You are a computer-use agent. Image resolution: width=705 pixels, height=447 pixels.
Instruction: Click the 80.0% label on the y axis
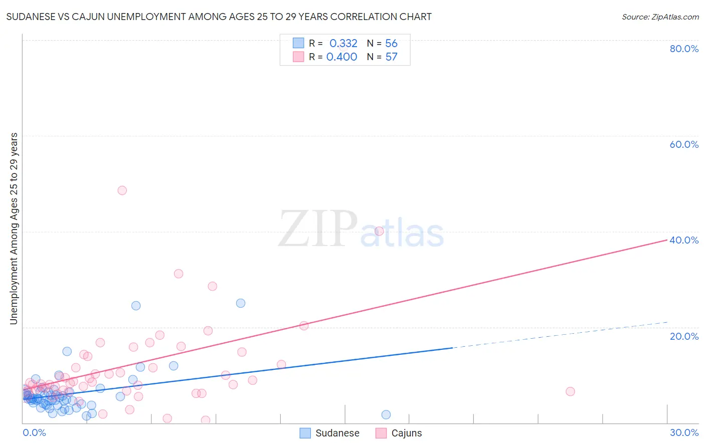coord(684,49)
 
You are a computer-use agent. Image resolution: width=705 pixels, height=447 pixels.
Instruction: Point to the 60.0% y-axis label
coord(684,144)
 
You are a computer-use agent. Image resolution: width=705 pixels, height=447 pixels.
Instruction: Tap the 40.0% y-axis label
coord(684,240)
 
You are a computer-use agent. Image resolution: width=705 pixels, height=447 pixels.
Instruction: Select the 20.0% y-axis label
coord(684,336)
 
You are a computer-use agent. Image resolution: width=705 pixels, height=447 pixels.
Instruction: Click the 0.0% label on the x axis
coord(34,432)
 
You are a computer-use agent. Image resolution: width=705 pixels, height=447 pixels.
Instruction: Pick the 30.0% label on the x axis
coord(684,432)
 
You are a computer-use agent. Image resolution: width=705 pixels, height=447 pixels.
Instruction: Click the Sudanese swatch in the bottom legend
coord(305,433)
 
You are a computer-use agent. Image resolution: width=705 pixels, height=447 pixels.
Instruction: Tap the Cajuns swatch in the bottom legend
coord(381,433)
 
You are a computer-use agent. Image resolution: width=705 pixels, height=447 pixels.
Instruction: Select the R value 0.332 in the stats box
coord(343,43)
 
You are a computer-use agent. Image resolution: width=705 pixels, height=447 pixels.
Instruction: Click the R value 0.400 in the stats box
coord(342,57)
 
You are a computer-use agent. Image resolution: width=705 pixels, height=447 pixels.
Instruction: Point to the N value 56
coord(391,43)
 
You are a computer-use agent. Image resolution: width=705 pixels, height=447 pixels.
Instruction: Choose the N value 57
coord(391,57)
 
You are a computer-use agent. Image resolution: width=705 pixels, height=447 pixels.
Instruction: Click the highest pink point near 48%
coord(122,190)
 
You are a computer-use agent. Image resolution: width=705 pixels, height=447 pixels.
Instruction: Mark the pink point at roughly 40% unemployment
coord(379,231)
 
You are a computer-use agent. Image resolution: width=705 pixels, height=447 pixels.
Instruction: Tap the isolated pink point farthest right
coord(570,391)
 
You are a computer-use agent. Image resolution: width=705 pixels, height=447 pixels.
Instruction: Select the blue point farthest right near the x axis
coord(386,414)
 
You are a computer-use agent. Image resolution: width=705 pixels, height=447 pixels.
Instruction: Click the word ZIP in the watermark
coord(318,230)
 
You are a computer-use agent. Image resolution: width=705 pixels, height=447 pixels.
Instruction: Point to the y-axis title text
coord(14,229)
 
